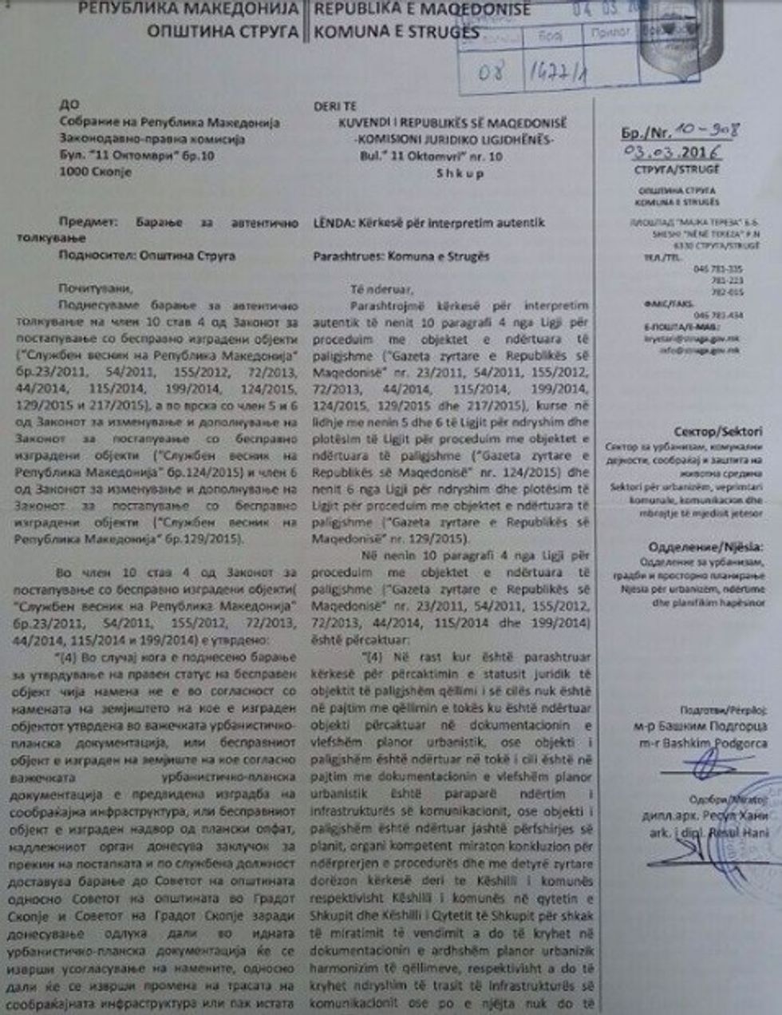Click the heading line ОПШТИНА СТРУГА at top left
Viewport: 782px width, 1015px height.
[223, 32]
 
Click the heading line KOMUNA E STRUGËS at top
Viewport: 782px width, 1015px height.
[397, 33]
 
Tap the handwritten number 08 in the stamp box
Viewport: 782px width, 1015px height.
[491, 73]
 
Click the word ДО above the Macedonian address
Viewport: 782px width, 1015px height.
[69, 105]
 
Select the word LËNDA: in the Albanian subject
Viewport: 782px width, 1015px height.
[333, 222]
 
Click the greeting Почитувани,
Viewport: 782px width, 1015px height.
[91, 287]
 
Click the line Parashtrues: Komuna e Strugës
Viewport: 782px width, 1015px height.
[401, 256]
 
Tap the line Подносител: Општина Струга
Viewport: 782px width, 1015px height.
[147, 256]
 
